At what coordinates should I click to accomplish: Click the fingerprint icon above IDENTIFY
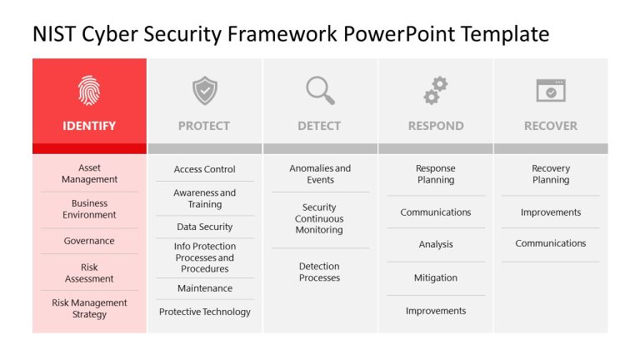(89, 90)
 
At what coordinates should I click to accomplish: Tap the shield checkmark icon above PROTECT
(204, 90)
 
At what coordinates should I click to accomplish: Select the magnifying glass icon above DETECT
(319, 90)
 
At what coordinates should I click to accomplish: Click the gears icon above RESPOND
(436, 90)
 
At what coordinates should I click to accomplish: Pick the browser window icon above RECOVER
(551, 90)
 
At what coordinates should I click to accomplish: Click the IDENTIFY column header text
(89, 126)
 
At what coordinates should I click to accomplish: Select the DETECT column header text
(319, 126)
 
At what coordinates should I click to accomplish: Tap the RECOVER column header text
(551, 126)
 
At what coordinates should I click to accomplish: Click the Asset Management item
(89, 173)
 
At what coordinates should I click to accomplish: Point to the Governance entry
(89, 241)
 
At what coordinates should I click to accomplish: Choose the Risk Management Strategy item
(89, 308)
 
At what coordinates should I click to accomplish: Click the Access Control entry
(204, 169)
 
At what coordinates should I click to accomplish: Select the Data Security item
(204, 227)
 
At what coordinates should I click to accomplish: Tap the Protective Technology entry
(204, 312)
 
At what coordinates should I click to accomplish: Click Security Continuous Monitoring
(319, 218)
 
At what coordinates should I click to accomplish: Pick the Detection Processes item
(319, 272)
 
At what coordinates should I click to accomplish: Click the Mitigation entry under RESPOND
(436, 277)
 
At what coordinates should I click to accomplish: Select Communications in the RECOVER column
(551, 243)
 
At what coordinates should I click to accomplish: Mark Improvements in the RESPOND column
(436, 311)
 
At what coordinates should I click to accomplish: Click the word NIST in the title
(55, 33)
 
